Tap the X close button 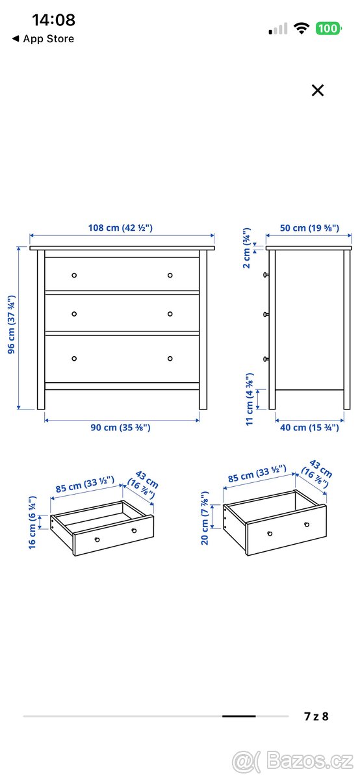(317, 90)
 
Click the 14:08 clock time (53, 20)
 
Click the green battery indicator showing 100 (328, 29)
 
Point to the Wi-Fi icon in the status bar (301, 29)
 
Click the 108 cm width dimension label (120, 228)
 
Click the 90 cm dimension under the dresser (120, 428)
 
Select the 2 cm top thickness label (247, 248)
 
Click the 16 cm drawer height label (32, 523)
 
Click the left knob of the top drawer (74, 275)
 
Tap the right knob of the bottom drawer (170, 358)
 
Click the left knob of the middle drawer (74, 314)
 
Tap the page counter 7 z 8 (316, 716)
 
